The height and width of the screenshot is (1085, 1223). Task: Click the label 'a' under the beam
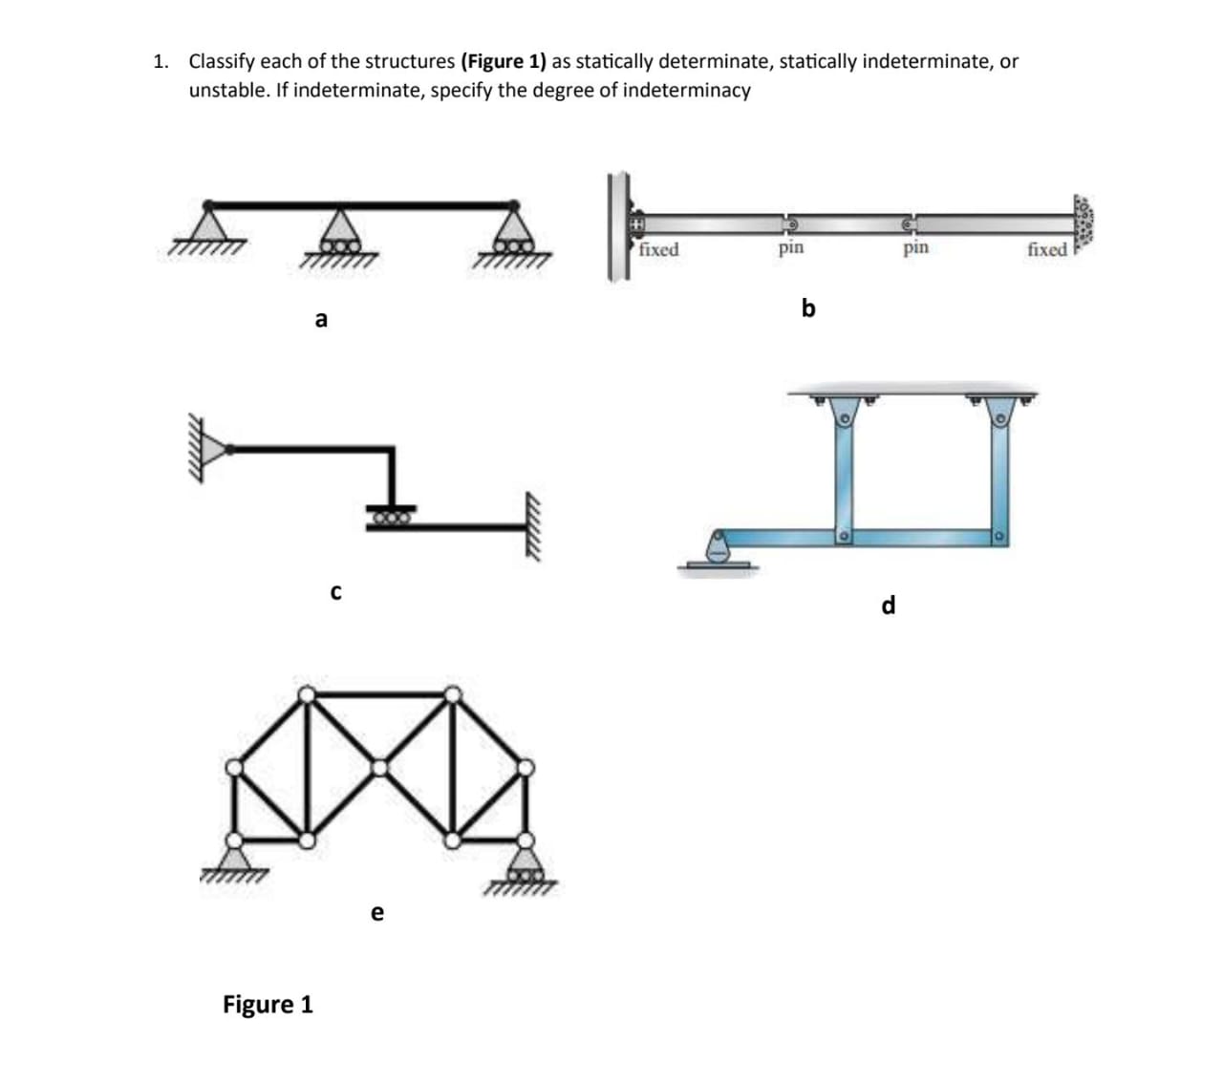[x=321, y=320]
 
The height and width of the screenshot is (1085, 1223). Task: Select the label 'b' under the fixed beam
[x=808, y=308]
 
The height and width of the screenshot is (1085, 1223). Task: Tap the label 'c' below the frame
[x=334, y=593]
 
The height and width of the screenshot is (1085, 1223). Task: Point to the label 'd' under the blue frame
[x=889, y=606]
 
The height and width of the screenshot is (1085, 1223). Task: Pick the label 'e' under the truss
[x=377, y=913]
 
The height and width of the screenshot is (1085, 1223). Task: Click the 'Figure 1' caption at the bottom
[x=268, y=1004]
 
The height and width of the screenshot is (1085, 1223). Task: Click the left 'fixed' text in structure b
[x=658, y=250]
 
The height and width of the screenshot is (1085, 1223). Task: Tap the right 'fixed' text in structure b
[x=1047, y=250]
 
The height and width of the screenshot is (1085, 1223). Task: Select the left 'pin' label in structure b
[x=790, y=248]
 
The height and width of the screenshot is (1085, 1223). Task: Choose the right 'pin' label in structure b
[x=915, y=248]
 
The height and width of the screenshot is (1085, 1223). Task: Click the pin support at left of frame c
[x=218, y=447]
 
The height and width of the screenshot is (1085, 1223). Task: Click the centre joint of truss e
[x=379, y=767]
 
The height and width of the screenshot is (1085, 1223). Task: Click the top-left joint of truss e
[x=307, y=694]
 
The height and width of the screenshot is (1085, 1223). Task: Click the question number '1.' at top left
[x=161, y=62]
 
